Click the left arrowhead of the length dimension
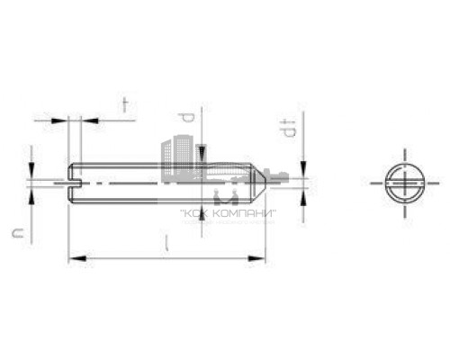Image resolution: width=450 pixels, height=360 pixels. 73,259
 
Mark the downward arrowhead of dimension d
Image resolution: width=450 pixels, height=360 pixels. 203,158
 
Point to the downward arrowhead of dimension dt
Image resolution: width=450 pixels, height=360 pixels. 302,171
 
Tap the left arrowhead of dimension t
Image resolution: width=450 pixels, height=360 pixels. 64,118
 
